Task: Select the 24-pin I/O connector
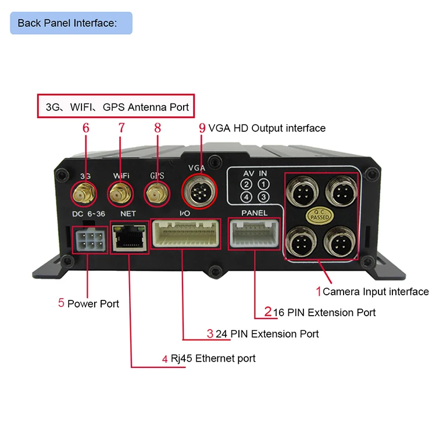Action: click(x=186, y=235)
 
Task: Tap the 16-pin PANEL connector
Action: click(x=255, y=234)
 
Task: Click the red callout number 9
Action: click(x=202, y=128)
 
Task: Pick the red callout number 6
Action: click(x=86, y=128)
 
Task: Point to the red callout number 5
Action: click(x=61, y=303)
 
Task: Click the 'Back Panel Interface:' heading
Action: click(x=67, y=23)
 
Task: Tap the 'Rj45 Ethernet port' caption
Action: click(x=213, y=358)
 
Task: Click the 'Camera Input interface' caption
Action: click(x=376, y=292)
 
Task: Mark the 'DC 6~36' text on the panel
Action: click(x=88, y=214)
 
